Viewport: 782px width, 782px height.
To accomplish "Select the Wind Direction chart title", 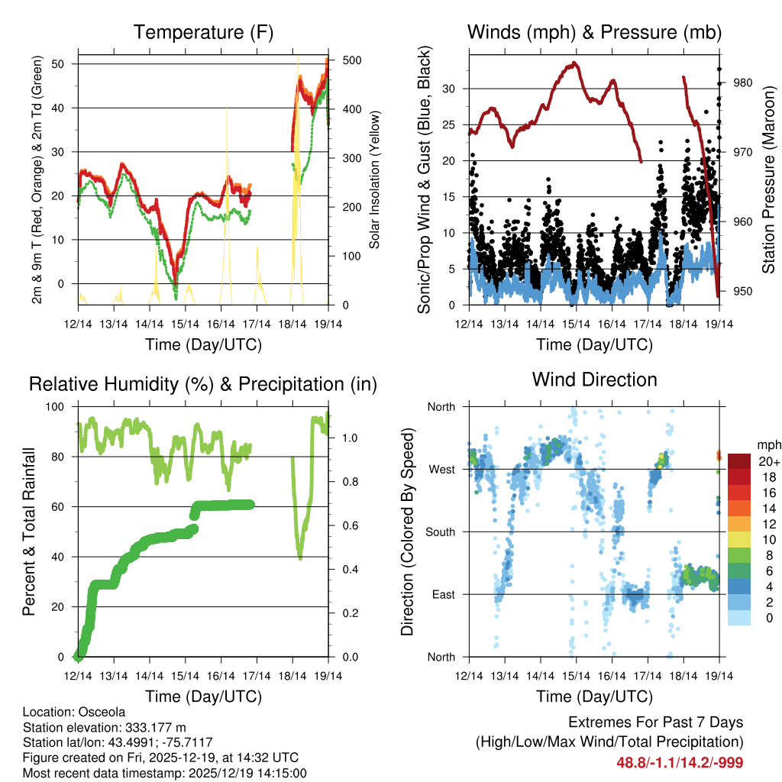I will (x=594, y=379).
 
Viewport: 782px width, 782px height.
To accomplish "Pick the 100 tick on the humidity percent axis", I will (x=58, y=406).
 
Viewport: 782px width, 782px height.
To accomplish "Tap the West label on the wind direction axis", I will (x=441, y=469).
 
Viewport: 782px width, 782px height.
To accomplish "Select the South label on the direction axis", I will (x=440, y=532).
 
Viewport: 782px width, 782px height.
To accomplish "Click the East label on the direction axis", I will (x=442, y=594).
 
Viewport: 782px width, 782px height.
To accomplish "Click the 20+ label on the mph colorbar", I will (x=766, y=461).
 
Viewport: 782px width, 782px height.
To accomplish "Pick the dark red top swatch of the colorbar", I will (x=739, y=461).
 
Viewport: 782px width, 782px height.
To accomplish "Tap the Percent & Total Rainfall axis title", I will (x=29, y=532).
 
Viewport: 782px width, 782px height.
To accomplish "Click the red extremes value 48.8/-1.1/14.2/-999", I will (x=680, y=762).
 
